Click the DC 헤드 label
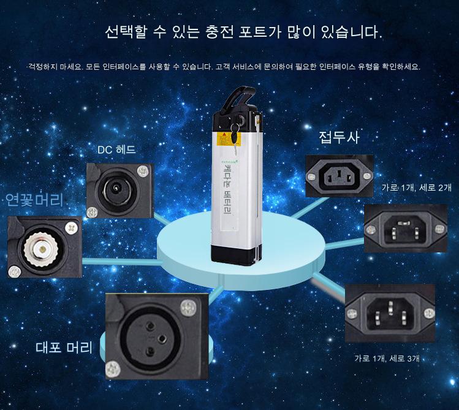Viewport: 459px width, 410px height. coord(116,150)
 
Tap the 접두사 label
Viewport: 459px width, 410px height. coord(339,137)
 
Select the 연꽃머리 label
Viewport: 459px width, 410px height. coord(34,200)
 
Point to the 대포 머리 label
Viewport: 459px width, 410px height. coord(64,347)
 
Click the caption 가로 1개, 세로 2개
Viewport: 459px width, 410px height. coord(417,188)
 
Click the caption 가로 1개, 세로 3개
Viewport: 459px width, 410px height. coord(387,358)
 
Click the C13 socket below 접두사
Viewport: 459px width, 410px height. coord(340,176)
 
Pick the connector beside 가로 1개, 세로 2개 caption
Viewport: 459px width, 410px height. coord(406,228)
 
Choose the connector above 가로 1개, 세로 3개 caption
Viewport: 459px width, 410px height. coord(390,313)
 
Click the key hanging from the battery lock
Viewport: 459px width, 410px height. coord(235,135)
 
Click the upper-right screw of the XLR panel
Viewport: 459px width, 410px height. coord(188,308)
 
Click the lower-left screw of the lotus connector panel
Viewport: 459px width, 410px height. coord(13,271)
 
